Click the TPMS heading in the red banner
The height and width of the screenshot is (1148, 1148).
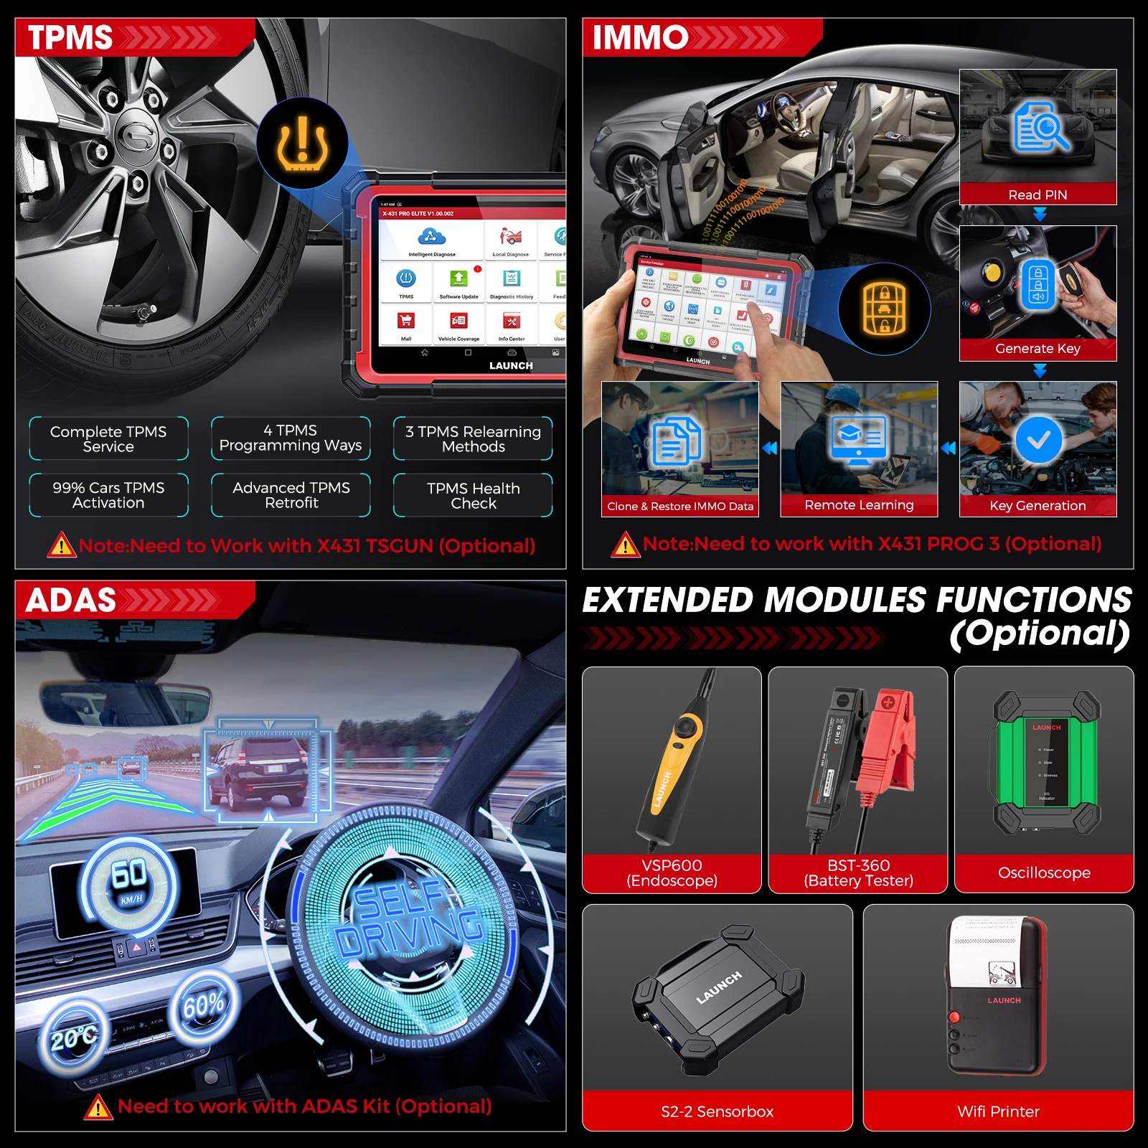[70, 37]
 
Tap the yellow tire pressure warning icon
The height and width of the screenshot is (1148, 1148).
[302, 143]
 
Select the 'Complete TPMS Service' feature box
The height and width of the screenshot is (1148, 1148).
[108, 438]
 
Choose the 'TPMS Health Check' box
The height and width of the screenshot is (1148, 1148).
[473, 495]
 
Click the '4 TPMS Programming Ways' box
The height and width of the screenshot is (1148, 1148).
[291, 438]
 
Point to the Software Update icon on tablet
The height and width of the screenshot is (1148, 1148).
[458, 280]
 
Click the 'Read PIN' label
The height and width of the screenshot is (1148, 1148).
[1038, 194]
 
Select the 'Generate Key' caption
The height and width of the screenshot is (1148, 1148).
[1038, 349]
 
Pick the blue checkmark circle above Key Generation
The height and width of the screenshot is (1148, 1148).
[1038, 440]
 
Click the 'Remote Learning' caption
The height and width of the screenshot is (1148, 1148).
[859, 505]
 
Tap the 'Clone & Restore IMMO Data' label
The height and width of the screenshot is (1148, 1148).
[680, 506]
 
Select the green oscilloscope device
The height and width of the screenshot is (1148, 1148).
[1047, 763]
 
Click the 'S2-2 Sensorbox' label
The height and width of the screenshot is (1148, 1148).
[717, 1111]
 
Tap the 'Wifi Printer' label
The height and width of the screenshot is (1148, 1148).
[998, 1111]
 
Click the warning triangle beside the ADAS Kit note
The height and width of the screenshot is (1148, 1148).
[98, 1108]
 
